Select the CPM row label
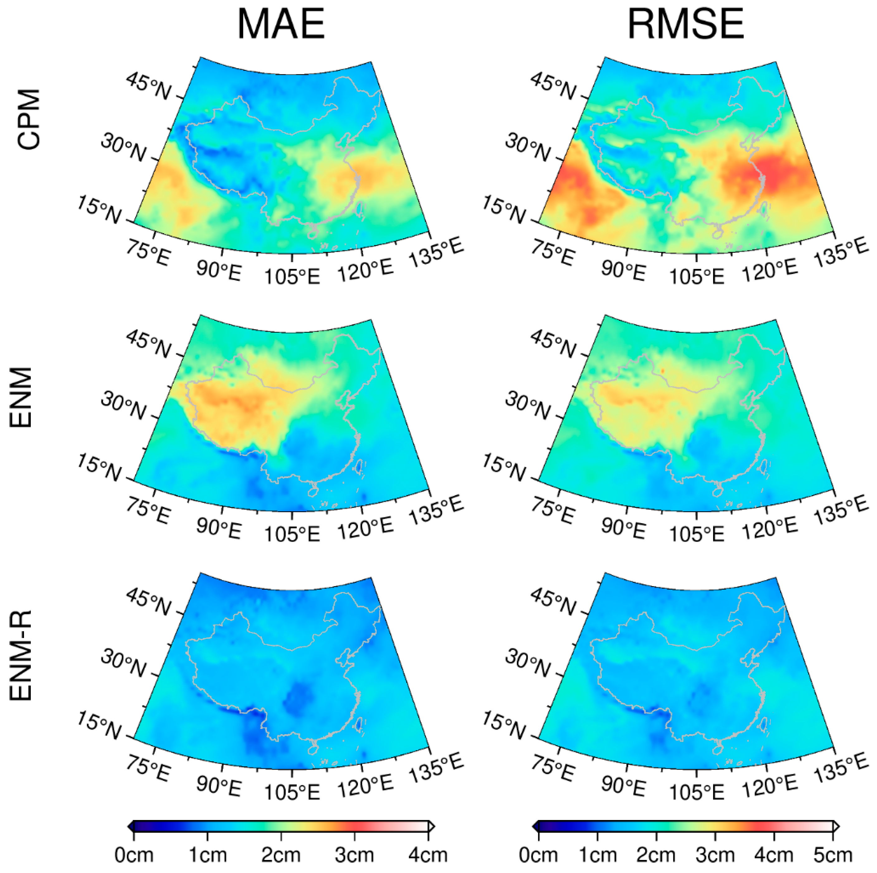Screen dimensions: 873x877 pyautogui.click(x=28, y=119)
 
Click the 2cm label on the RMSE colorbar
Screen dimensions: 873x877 pyautogui.click(x=655, y=855)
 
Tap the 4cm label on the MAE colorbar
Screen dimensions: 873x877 pyautogui.click(x=428, y=855)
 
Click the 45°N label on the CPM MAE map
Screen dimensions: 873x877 pyautogui.click(x=148, y=86)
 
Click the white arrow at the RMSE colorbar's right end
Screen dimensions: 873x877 pyautogui.click(x=836, y=826)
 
